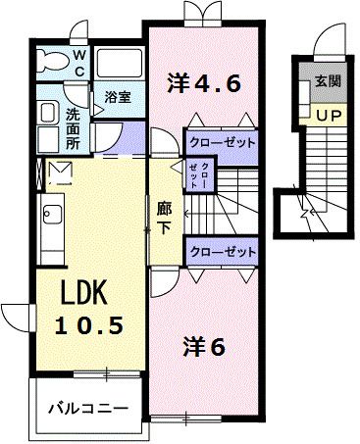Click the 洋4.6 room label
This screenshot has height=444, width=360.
[203, 83]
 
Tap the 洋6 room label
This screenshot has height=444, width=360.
[204, 346]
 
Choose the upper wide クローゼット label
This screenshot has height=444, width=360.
[221, 142]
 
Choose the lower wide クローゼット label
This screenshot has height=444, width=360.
[221, 252]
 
